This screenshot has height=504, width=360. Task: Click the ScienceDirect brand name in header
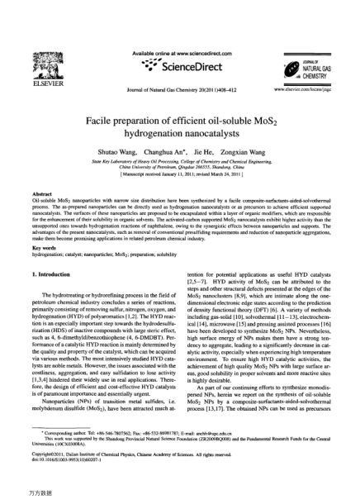182,64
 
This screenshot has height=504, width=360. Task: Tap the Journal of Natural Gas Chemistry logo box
318,65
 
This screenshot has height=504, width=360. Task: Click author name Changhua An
168,155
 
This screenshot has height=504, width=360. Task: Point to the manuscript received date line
180,176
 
